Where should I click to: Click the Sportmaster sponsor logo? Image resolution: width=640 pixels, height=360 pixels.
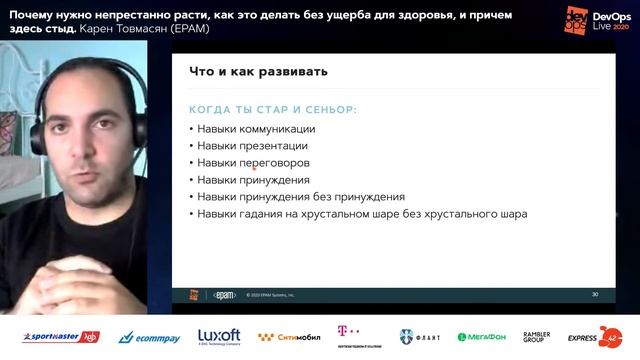[x=60, y=337]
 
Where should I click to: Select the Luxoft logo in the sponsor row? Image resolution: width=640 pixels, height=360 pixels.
[x=219, y=336]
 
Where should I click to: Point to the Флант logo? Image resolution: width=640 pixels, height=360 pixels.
[x=420, y=337]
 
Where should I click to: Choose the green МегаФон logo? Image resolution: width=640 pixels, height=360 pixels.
[x=482, y=337]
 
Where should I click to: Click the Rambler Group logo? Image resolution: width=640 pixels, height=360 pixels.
[x=537, y=337]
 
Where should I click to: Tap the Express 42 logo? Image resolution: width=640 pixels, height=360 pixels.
[x=595, y=337]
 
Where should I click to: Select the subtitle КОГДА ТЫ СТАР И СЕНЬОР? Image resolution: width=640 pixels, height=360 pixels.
[x=272, y=109]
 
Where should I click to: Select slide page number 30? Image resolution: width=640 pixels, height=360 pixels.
[x=595, y=295]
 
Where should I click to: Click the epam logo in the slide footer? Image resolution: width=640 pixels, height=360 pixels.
[x=224, y=295]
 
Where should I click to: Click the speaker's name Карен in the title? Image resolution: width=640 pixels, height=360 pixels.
[x=97, y=27]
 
